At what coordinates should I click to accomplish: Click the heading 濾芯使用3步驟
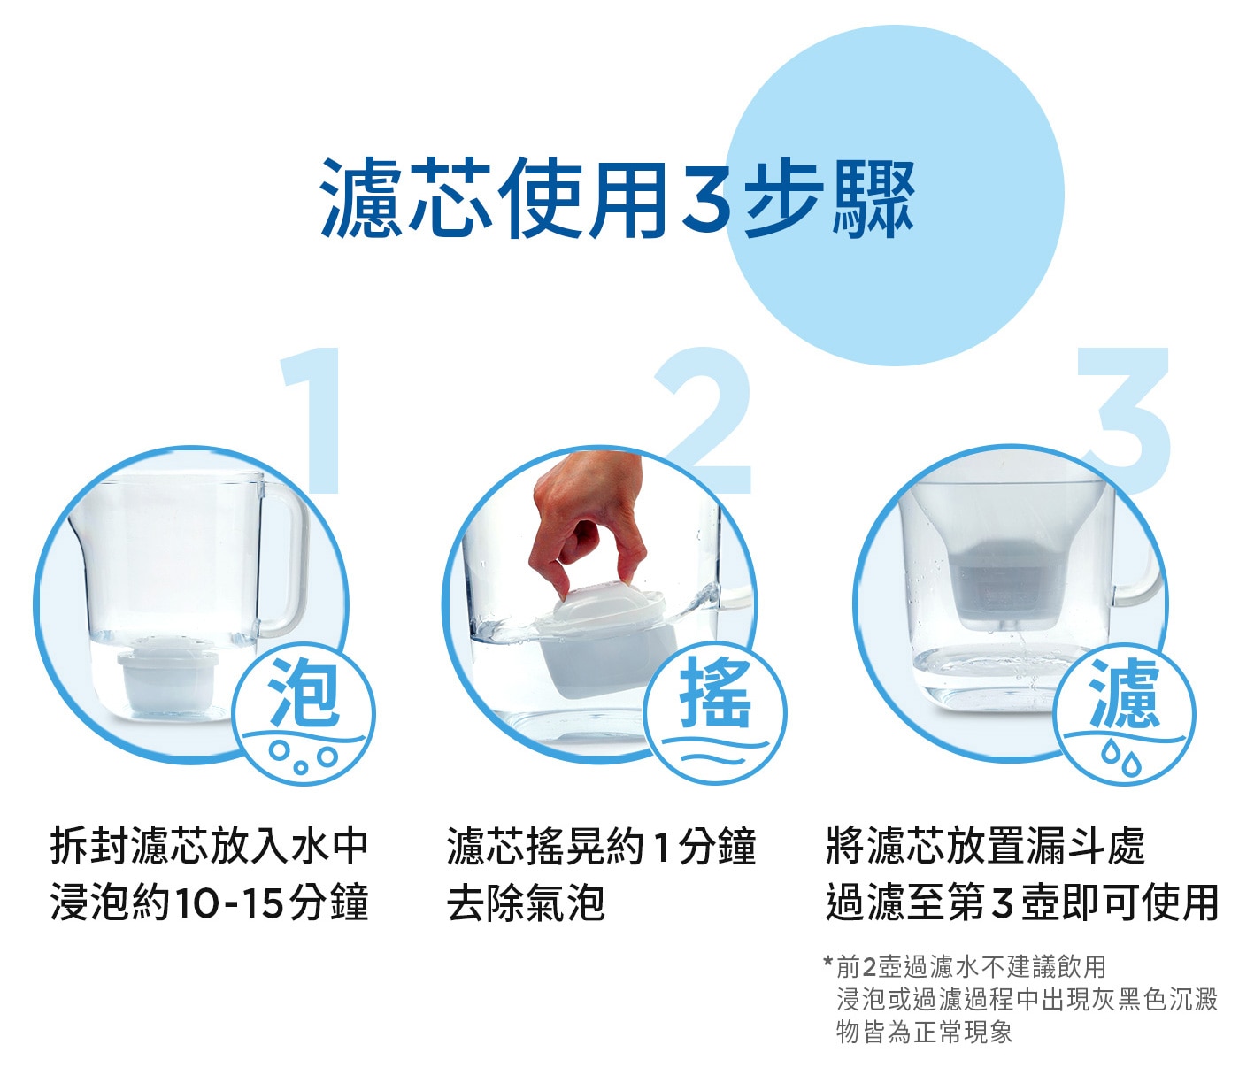[x=617, y=197]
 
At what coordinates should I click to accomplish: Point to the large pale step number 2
[x=706, y=420]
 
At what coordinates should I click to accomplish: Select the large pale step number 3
[x=1124, y=420]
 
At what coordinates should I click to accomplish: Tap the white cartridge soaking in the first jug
[x=166, y=676]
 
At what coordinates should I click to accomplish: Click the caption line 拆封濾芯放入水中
[x=210, y=846]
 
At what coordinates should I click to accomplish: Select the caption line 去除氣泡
[x=526, y=902]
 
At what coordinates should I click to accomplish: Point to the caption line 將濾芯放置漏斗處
[x=985, y=846]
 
